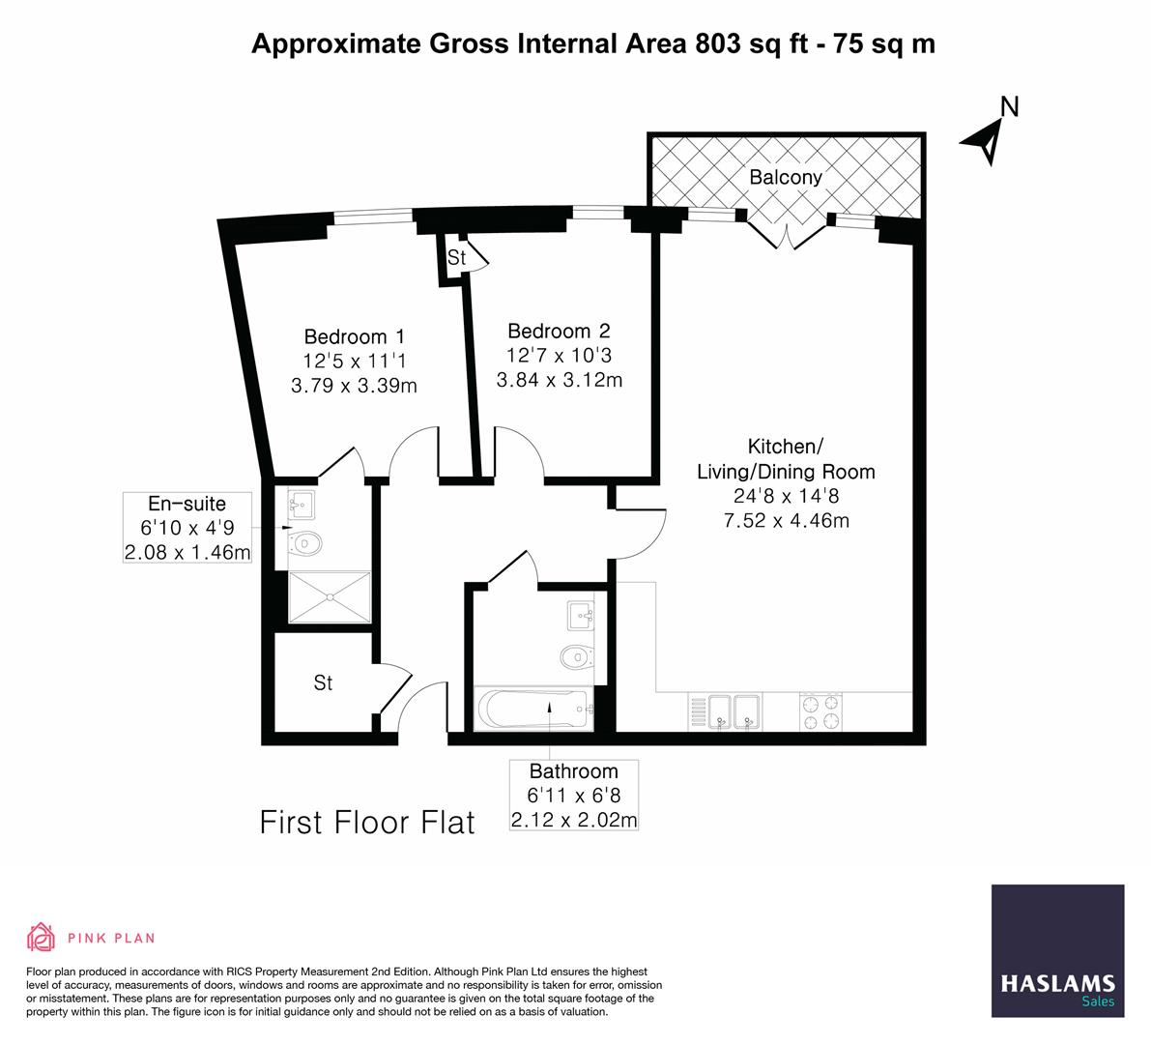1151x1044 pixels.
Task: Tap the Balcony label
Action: pos(786,177)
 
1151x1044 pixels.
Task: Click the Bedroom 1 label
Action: pos(354,336)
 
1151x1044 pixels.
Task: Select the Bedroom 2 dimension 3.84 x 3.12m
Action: pos(560,380)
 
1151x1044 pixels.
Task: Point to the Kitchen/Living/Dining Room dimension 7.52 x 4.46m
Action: pos(786,521)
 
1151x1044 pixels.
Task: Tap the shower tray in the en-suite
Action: pos(330,598)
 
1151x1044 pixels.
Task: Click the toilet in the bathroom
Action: pos(575,657)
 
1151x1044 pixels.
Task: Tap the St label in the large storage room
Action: pos(323,682)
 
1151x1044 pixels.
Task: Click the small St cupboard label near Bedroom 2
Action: pos(456,258)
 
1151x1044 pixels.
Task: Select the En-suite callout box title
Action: pos(187,504)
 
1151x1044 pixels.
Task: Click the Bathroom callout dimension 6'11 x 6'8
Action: pos(573,797)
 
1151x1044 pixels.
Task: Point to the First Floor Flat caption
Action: pos(367,823)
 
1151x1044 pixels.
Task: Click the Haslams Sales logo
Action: pos(1058,951)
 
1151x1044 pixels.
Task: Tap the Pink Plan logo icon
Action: pos(42,937)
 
